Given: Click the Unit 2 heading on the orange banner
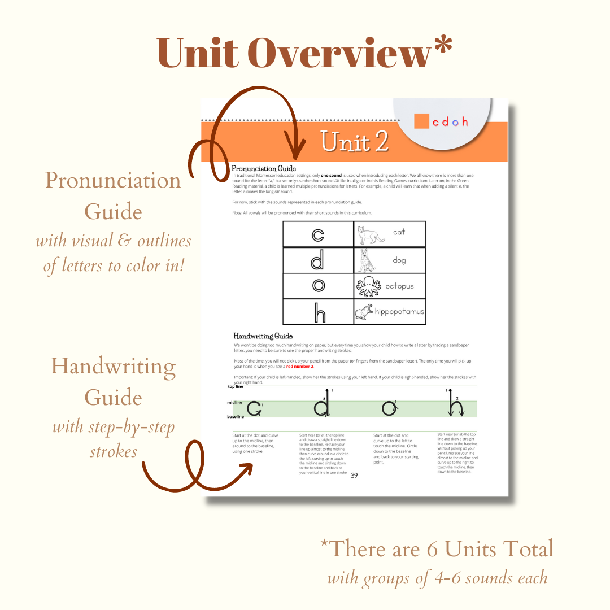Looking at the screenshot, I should coord(355,142).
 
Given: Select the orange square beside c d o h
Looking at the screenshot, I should coord(421,121).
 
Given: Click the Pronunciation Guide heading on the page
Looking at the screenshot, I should coord(264,168).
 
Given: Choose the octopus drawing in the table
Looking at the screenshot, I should coord(369,286).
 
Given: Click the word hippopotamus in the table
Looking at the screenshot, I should coord(399,311).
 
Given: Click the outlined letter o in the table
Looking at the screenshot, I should coord(319,286).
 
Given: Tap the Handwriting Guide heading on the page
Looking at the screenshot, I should coord(263,336).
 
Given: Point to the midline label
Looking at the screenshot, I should coord(235,402).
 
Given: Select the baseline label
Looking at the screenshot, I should coord(236,417).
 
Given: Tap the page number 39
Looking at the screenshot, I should coord(354,475).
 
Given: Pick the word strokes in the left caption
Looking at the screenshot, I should coord(113,451).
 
